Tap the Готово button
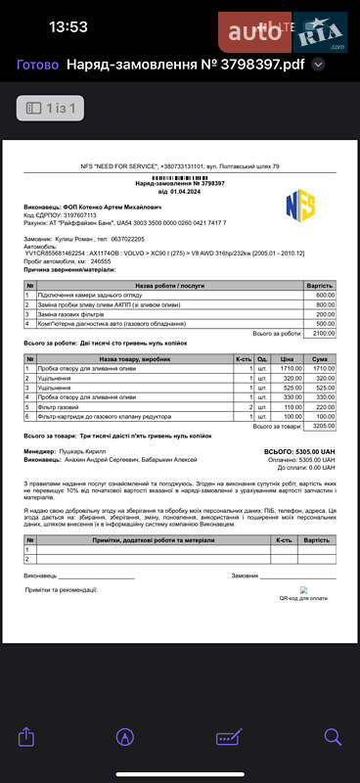pos(37,66)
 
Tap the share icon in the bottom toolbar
pos(27,736)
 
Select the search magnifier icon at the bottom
pos(332,736)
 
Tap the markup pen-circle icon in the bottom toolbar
pos(125,736)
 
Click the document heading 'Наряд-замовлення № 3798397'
pos(180,183)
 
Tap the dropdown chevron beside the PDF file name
pos(318,66)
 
